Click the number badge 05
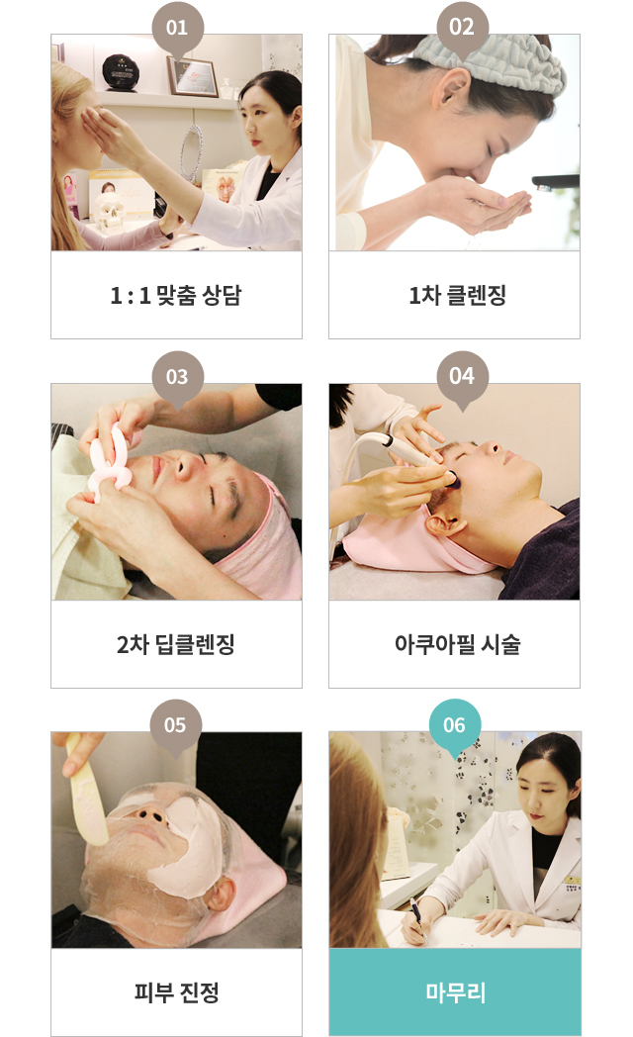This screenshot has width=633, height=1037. [x=175, y=726]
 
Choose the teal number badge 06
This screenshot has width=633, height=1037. [x=455, y=726]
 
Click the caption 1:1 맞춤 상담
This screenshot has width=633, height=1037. [x=176, y=295]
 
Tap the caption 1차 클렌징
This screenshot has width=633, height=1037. [x=457, y=295]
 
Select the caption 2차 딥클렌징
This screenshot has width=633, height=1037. [x=176, y=644]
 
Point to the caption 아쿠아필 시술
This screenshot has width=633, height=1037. [x=457, y=644]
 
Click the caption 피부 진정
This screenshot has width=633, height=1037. [x=176, y=992]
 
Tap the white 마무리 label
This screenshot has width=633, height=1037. [x=455, y=992]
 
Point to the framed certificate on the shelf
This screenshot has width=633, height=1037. [x=192, y=77]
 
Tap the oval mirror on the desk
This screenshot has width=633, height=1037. [x=192, y=153]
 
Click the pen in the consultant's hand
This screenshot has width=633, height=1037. [x=417, y=918]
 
